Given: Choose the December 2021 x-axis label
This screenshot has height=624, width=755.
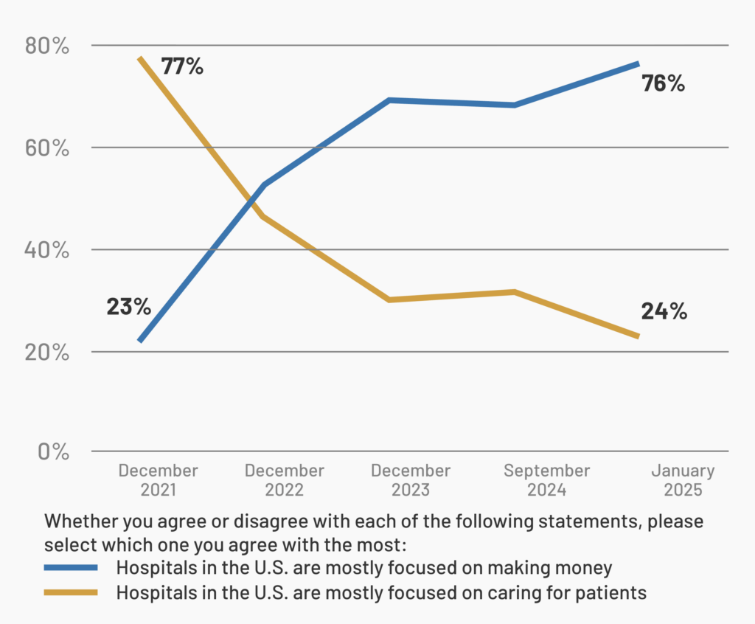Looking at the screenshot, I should [158, 480].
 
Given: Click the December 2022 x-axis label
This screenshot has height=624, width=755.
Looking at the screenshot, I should [284, 480].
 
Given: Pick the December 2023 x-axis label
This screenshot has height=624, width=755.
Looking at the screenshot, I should [411, 480].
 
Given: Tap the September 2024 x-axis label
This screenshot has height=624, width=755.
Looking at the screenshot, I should [546, 480].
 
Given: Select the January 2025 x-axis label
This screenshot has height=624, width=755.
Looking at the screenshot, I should [683, 480].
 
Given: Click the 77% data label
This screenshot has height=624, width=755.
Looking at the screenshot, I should [182, 66].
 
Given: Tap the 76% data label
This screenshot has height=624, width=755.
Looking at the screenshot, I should [663, 83].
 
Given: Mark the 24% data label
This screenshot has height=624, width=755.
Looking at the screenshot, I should [664, 311].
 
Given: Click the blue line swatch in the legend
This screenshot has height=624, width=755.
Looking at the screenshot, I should [71, 568].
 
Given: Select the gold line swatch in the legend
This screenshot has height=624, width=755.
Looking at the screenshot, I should [71, 592].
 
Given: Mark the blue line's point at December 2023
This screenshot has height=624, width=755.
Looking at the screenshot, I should [389, 100].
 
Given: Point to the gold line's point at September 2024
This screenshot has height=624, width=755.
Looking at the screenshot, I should [514, 292].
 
